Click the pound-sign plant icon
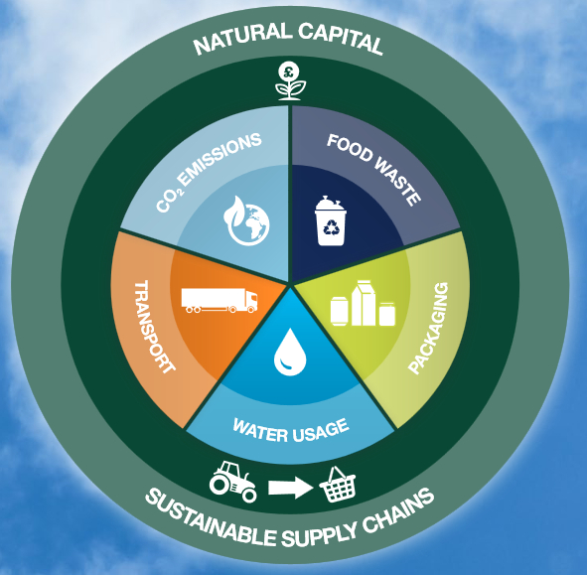tap(290, 81)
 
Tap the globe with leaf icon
tap(246, 220)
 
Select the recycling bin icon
tap(330, 220)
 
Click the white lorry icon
tap(220, 300)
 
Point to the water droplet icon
tap(290, 353)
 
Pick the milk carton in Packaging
tap(364, 303)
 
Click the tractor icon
tap(232, 482)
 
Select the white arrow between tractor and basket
tap(290, 488)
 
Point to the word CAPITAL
tap(341, 38)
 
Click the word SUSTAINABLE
tap(211, 521)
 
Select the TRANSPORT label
tap(154, 327)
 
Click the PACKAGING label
tap(428, 328)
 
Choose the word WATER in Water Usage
tap(261, 431)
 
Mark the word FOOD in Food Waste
tap(350, 148)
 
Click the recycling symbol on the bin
tap(331, 226)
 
